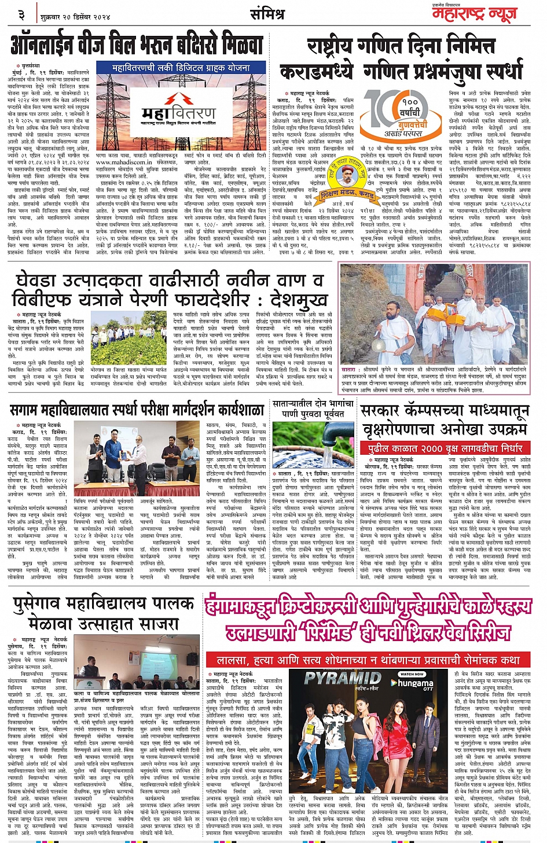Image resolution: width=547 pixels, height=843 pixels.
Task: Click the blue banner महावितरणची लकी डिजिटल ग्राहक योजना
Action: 181,68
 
